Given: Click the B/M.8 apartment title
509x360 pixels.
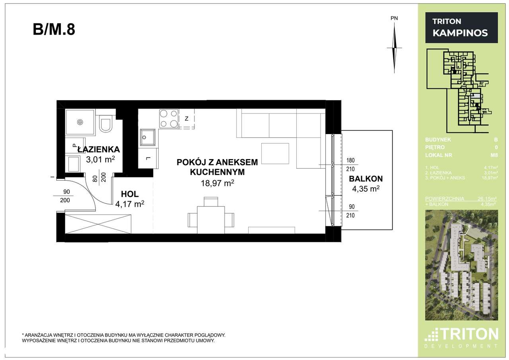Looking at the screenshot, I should pyautogui.click(x=54, y=30).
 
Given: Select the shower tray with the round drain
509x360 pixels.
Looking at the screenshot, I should pyautogui.click(x=80, y=122).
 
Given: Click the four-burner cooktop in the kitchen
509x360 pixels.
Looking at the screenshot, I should pyautogui.click(x=169, y=119).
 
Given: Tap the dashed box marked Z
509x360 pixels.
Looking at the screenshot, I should pyautogui.click(x=187, y=119).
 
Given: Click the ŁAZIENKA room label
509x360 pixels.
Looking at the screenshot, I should pyautogui.click(x=98, y=150).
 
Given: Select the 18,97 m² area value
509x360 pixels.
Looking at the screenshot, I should pyautogui.click(x=217, y=183).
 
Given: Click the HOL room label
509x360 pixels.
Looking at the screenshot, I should pyautogui.click(x=130, y=195).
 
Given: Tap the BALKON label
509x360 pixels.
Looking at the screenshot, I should pyautogui.click(x=365, y=179).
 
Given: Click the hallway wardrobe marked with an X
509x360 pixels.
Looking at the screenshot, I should pyautogui.click(x=98, y=224).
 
